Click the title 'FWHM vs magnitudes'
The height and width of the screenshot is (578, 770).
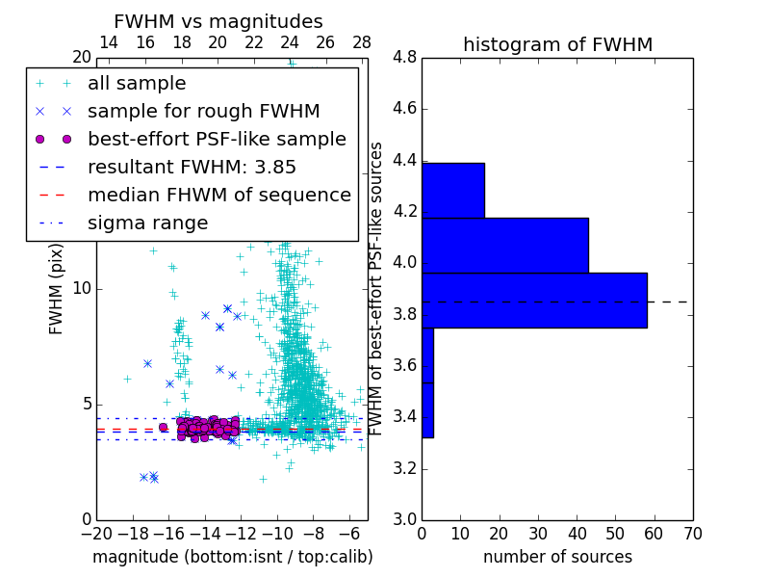(218, 21)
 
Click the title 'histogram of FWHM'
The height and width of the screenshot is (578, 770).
(557, 44)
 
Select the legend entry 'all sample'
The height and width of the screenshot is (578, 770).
(137, 84)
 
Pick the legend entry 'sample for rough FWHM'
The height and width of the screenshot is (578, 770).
(203, 112)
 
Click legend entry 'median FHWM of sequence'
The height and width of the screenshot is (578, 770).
(218, 195)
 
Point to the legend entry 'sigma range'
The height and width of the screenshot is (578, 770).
(147, 223)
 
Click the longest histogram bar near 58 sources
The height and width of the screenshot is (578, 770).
(534, 301)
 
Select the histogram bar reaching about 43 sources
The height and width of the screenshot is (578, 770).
(505, 246)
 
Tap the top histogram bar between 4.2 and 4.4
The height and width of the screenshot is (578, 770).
(453, 190)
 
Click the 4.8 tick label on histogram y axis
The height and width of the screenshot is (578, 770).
(404, 58)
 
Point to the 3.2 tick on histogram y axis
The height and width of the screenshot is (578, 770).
(404, 469)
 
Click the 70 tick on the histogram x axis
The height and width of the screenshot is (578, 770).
(692, 534)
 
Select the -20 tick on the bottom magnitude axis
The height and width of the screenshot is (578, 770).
(96, 534)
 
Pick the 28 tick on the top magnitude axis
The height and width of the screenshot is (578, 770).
(362, 42)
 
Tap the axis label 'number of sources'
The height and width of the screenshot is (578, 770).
(557, 557)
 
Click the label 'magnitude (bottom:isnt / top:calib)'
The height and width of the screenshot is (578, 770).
(232, 557)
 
